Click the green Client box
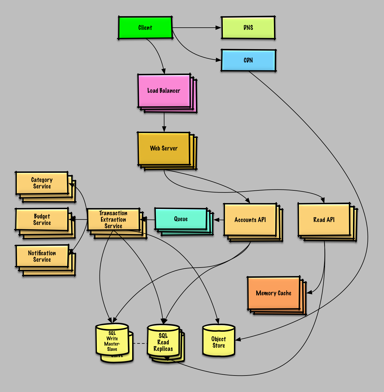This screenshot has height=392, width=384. tap(145, 28)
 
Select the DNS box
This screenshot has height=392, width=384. tap(248, 28)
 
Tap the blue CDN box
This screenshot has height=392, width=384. tap(248, 60)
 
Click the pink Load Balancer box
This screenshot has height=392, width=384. tap(164, 91)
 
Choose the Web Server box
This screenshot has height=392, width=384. tap(164, 148)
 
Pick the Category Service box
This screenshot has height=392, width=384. tap(42, 183)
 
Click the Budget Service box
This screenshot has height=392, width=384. tap(42, 220)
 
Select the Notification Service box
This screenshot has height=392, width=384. tap(42, 256)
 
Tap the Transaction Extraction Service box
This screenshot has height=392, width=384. tap(113, 220)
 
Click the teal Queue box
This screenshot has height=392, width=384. tap(181, 219)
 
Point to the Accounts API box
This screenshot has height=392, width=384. tap(250, 220)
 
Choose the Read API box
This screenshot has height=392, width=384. tap(324, 220)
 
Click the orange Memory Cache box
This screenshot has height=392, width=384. tap(274, 293)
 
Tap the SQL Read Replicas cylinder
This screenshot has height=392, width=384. tap(163, 342)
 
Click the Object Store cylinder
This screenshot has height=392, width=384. tap(219, 342)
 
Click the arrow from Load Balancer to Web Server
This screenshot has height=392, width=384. tap(164, 122)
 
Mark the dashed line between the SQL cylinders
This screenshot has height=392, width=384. tap(140, 343)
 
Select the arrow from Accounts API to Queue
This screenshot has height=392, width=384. tap(219, 220)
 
